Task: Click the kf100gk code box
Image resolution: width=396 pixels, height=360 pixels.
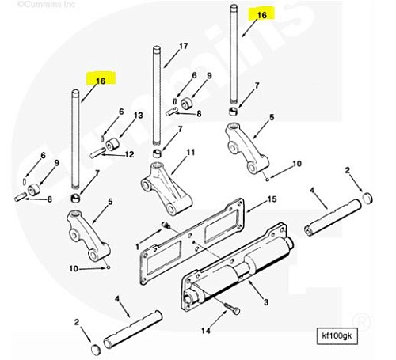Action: click(337, 336)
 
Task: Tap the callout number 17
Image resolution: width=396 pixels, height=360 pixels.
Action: click(184, 46)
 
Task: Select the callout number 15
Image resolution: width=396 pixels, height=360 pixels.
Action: click(272, 199)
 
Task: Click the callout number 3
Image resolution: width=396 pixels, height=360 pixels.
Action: click(266, 302)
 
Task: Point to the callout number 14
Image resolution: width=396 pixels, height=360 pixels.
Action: click(206, 331)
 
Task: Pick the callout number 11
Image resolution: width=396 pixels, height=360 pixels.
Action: click(191, 152)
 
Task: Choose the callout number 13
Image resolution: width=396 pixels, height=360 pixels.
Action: click(139, 116)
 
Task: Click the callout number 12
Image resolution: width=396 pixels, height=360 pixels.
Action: click(129, 154)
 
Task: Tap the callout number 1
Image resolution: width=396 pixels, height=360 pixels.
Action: click(137, 247)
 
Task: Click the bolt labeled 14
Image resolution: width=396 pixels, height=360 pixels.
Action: click(232, 309)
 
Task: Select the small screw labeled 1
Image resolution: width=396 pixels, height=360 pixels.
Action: click(166, 225)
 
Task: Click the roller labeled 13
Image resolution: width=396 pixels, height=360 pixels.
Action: click(112, 144)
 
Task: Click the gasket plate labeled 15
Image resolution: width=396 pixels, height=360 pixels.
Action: click(192, 241)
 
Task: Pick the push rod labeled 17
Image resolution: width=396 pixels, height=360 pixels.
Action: click(157, 96)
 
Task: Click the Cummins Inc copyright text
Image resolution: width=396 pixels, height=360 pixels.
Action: click(46, 4)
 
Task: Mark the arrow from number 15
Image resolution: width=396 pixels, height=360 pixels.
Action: click(257, 206)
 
